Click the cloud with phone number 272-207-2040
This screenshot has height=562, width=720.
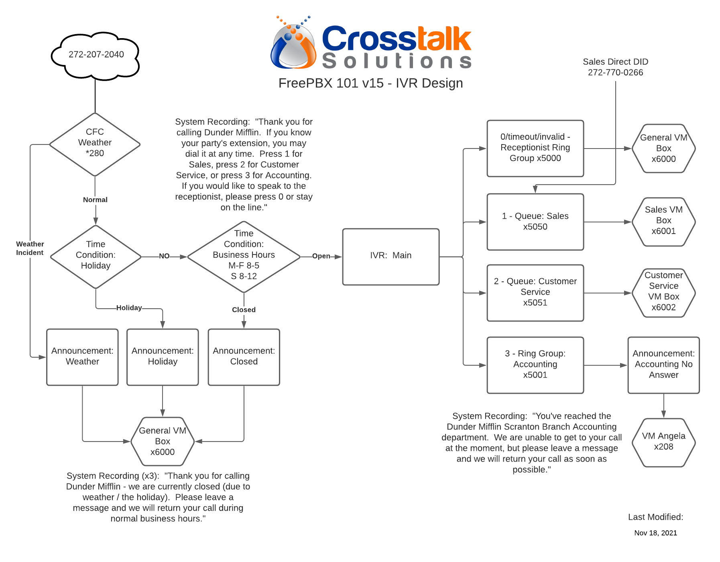tap(95, 55)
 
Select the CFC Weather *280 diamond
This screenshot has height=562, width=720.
tap(95, 145)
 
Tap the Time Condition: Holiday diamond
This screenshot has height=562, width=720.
tap(96, 257)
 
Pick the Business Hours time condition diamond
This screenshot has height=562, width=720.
tap(244, 257)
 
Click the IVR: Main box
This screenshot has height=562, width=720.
tap(391, 257)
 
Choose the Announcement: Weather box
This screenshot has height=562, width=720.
tap(82, 357)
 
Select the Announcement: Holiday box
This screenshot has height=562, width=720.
tap(163, 357)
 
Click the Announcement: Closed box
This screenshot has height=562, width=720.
tap(244, 357)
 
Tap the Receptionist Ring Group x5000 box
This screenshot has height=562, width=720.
tap(535, 148)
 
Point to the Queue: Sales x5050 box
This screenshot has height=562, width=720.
tap(535, 222)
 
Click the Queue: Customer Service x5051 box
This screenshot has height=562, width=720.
tap(535, 293)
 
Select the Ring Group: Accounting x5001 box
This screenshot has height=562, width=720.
tap(535, 365)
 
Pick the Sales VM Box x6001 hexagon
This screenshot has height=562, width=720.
tap(663, 222)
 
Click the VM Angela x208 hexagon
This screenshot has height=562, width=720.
tap(663, 442)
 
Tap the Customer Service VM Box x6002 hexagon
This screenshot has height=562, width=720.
tap(663, 293)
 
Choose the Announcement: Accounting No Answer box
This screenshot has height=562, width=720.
tap(663, 365)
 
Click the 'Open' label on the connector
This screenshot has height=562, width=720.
tap(321, 256)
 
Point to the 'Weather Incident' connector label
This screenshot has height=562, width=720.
tap(30, 248)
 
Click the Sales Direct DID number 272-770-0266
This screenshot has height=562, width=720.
tap(615, 72)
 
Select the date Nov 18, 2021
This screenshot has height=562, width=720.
tap(655, 533)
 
